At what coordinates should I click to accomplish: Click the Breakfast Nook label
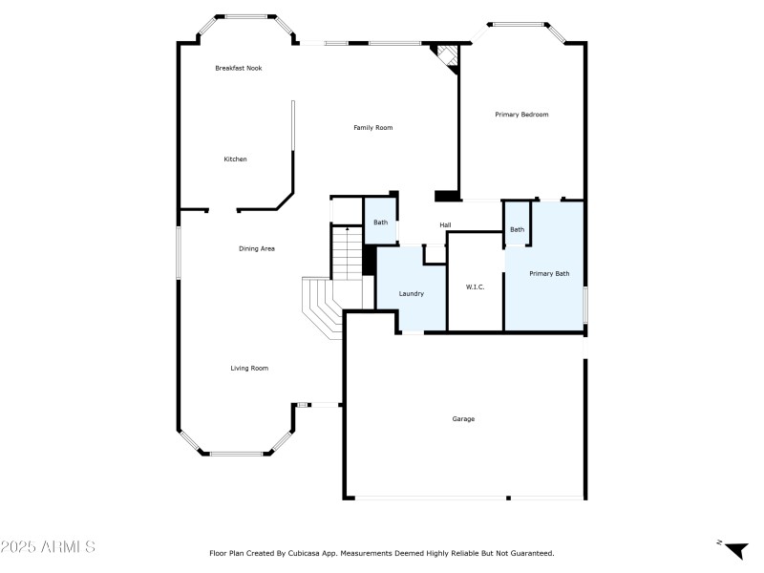point(238,68)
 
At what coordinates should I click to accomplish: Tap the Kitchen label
point(235,159)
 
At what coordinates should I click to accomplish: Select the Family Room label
point(372,127)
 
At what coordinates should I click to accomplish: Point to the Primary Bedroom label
point(521,115)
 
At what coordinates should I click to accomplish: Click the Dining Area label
point(257,248)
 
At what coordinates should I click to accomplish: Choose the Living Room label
point(248,368)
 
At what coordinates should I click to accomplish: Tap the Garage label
point(463,418)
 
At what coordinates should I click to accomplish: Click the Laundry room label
point(411,293)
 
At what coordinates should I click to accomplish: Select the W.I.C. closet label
point(475,286)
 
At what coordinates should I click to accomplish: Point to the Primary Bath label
point(549,274)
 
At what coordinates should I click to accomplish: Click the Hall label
point(445,225)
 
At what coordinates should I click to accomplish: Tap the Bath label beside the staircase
point(380,223)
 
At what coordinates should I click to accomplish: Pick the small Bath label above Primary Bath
point(516,229)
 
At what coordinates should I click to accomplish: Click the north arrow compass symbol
point(734,549)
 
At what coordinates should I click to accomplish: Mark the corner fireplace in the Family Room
point(446,56)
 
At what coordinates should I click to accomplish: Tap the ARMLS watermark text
point(48,547)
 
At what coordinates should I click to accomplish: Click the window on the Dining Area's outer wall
point(177,252)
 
